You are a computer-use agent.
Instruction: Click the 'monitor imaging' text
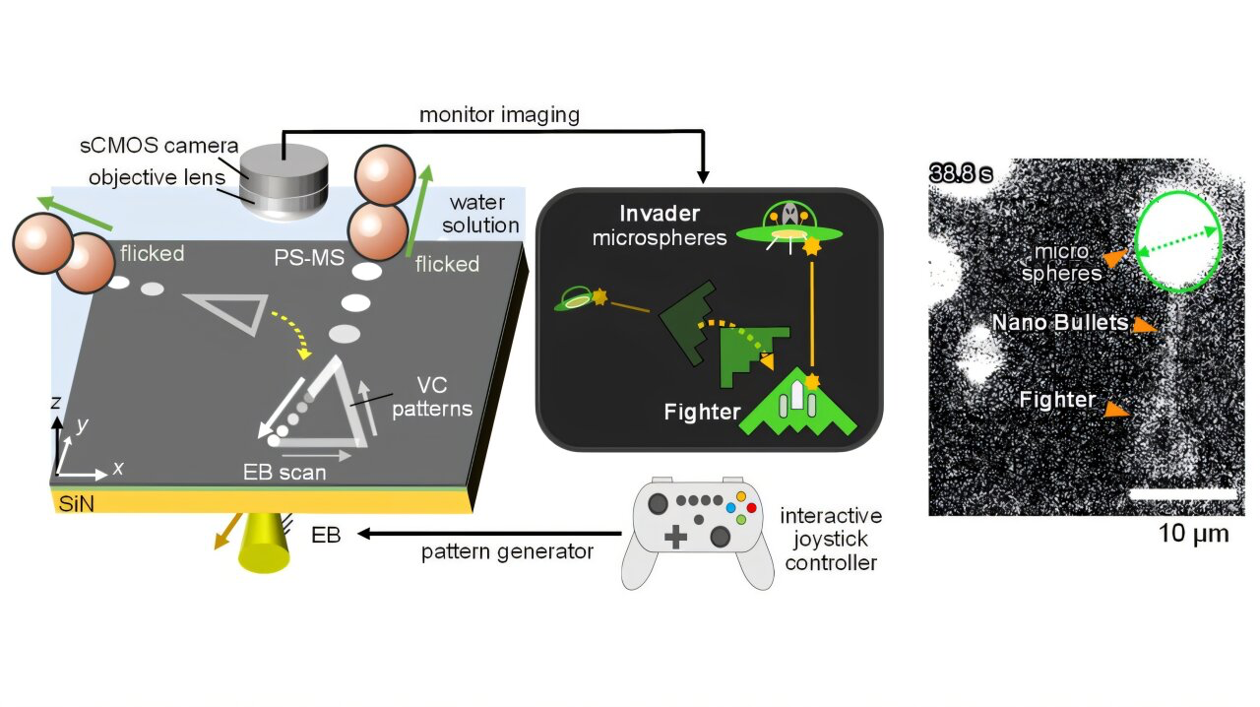point(499,115)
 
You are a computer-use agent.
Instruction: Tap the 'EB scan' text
point(284,472)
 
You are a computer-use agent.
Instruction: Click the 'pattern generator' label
point(507,550)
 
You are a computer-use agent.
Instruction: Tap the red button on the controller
point(751,507)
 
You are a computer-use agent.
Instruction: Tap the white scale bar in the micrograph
point(1181,490)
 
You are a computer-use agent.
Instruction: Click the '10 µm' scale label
point(1192,534)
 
